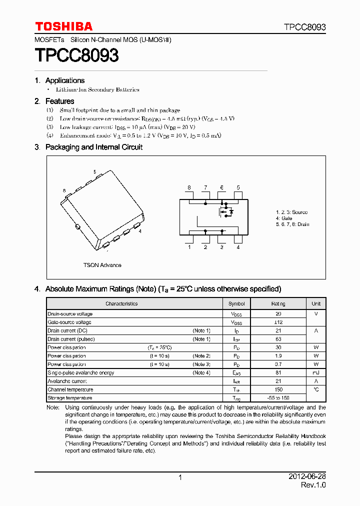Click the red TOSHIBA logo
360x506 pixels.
pos(63,26)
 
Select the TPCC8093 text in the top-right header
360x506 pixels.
pos(305,27)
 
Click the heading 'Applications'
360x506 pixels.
pos(65,80)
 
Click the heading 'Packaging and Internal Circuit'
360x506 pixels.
pos(94,147)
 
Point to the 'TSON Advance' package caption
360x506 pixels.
pos(102,265)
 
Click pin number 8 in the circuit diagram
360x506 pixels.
pos(189,187)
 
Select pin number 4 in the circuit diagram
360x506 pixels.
pos(238,247)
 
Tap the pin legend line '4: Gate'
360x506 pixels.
pos(284,218)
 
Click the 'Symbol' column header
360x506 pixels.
pos(236,303)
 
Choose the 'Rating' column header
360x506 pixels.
pos(278,303)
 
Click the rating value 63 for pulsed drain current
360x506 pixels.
pos(278,339)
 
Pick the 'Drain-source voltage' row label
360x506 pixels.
pos(70,314)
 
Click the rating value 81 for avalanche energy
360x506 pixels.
pos(278,372)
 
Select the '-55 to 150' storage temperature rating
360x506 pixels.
pos(278,398)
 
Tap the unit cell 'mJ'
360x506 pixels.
pos(316,372)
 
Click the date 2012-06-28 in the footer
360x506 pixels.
pos(306,477)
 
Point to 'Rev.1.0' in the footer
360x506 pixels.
pos(313,485)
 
